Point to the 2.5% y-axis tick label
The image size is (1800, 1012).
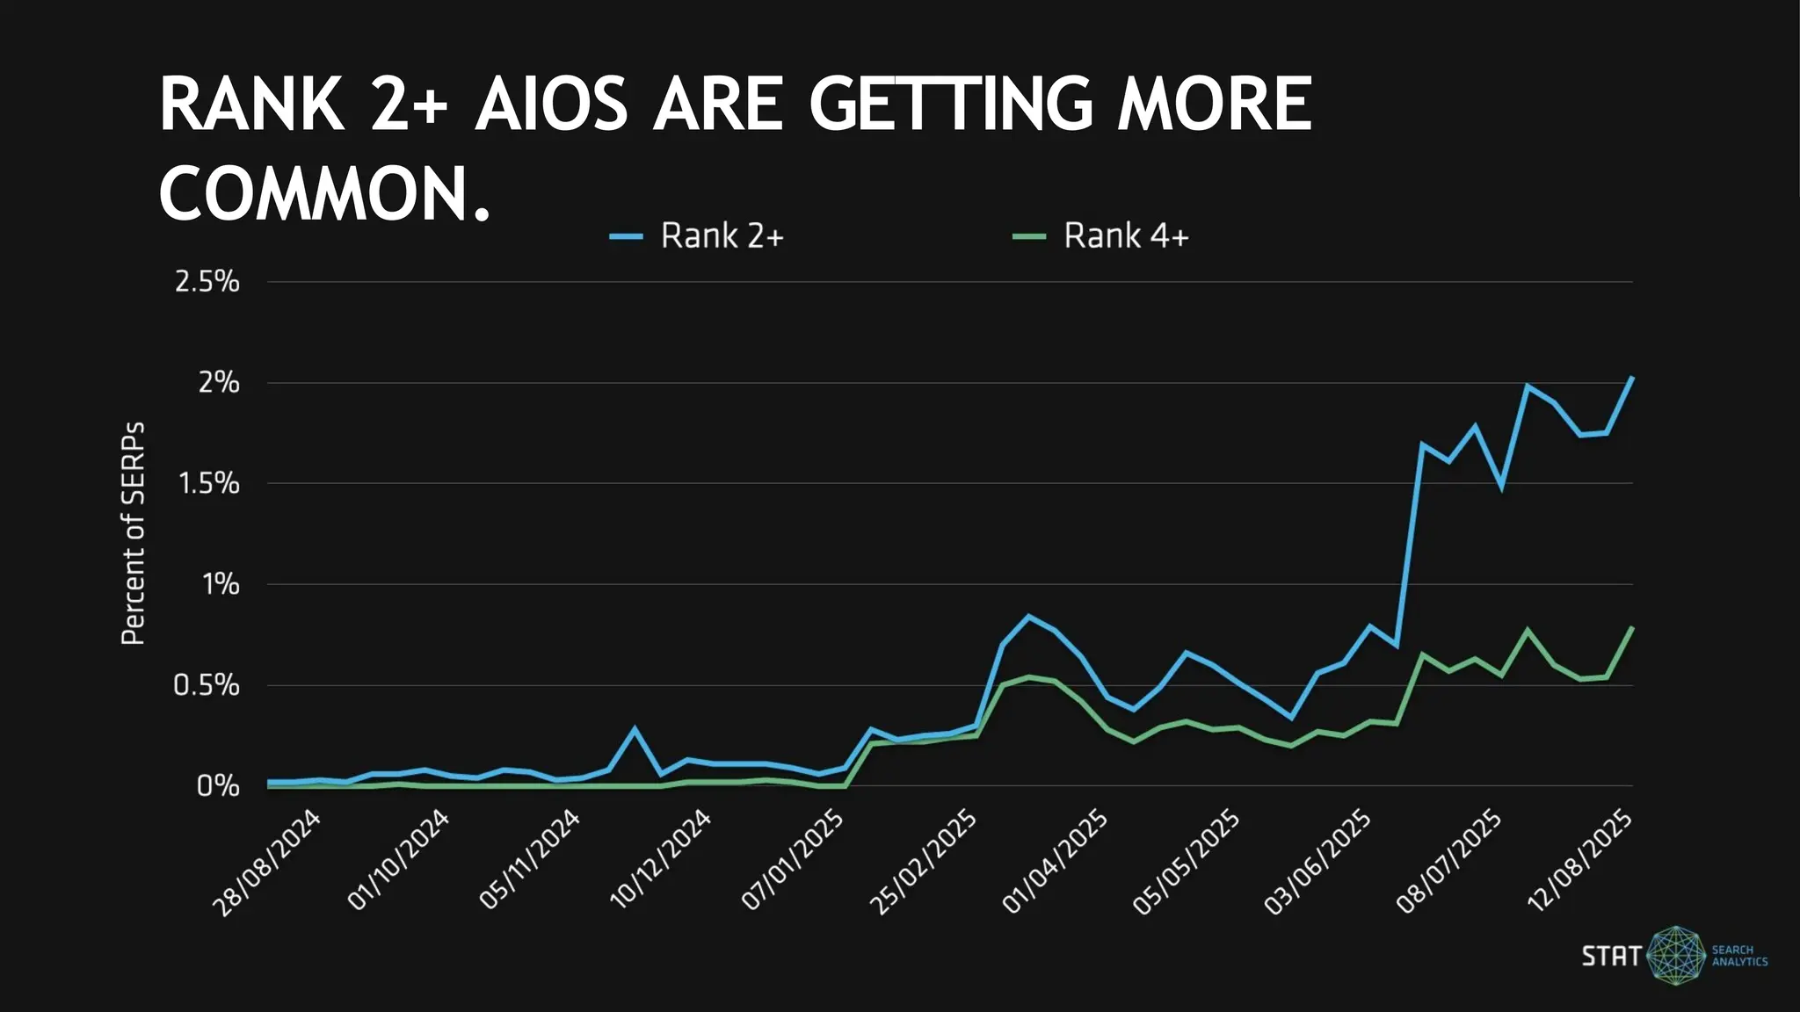tap(207, 282)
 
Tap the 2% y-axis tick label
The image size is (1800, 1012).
tap(219, 383)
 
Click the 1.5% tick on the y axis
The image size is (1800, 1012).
tap(208, 483)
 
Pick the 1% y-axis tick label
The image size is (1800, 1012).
tap(221, 584)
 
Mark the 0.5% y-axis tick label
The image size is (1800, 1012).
tap(207, 685)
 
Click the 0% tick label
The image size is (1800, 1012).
tap(218, 785)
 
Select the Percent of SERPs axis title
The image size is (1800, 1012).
tap(133, 534)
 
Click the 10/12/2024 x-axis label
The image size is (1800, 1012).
tap(661, 859)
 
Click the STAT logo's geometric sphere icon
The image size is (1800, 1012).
tap(1676, 955)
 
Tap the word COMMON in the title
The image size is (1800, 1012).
tap(313, 194)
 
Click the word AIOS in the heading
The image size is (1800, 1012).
tap(552, 105)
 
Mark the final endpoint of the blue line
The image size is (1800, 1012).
tap(1632, 378)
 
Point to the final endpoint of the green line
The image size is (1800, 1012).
tap(1632, 627)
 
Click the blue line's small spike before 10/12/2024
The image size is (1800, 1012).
tap(635, 728)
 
